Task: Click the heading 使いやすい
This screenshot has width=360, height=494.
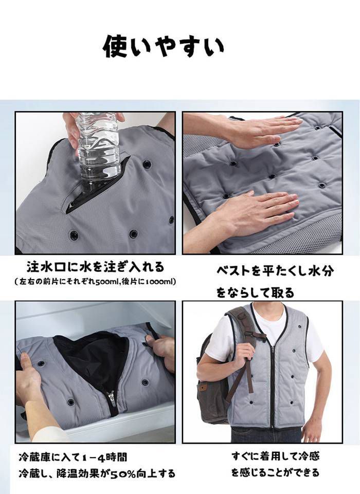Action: (x=164, y=47)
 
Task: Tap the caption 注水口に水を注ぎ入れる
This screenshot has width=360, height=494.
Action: (x=95, y=267)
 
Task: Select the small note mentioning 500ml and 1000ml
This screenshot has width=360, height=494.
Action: (x=96, y=282)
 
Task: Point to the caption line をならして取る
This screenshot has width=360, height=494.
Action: (x=255, y=292)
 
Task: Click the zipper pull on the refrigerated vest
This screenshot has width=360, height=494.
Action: (x=112, y=396)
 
